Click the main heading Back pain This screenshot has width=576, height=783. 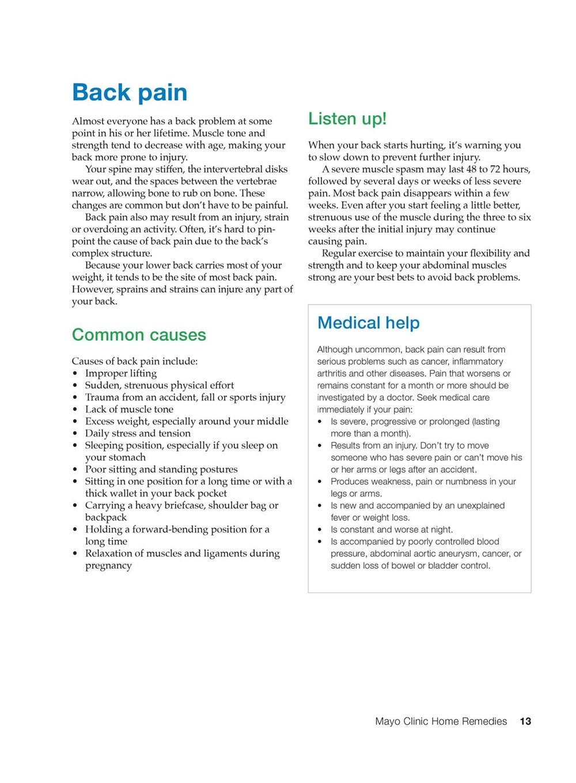pos(130,92)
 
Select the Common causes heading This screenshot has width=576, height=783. pos(139,335)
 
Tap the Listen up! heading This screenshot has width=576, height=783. pos(347,119)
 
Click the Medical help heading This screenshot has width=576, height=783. pos(368,322)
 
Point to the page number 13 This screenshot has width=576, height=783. pos(525,721)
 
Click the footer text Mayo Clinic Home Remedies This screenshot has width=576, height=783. pos(441,721)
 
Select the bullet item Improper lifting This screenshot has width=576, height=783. pos(121,373)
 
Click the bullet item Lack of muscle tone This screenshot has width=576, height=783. pos(129,409)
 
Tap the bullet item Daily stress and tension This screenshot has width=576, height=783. pos(138,434)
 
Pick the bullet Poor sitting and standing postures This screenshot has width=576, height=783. pos(161,469)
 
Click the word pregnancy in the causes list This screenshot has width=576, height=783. pos(108,565)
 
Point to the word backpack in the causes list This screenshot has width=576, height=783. pos(106,518)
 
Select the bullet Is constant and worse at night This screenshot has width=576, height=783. pos(392,530)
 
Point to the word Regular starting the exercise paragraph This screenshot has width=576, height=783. pos(340,253)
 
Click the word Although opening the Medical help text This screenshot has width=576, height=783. pos(334,349)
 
